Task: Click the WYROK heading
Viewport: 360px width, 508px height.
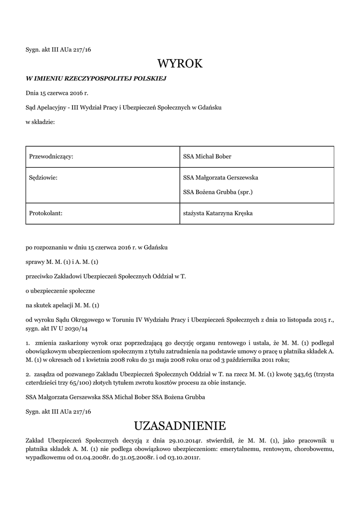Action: coord(180,63)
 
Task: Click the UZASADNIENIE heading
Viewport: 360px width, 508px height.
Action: coord(180,426)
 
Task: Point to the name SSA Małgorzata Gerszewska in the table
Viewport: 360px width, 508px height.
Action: coord(220,177)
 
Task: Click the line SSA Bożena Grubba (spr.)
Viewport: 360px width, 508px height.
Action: coord(218,192)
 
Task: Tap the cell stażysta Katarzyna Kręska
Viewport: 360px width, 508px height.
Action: coord(221,213)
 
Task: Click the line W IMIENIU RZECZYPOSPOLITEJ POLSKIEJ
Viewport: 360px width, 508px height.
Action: coord(95,78)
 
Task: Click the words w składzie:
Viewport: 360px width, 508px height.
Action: coord(40,122)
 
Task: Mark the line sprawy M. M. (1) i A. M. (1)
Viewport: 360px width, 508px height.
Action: coord(66,261)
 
